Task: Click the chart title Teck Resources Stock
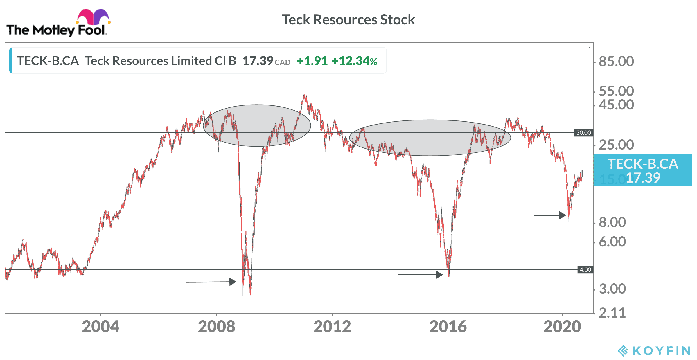pyautogui.click(x=348, y=20)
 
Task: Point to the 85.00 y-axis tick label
pyautogui.click(x=616, y=62)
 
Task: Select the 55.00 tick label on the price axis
pyautogui.click(x=616, y=91)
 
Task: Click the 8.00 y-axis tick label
pyautogui.click(x=612, y=222)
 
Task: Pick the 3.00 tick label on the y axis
pyautogui.click(x=612, y=289)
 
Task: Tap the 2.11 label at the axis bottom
pyautogui.click(x=612, y=313)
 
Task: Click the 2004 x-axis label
pyautogui.click(x=100, y=327)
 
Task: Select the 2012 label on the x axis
pyautogui.click(x=332, y=327)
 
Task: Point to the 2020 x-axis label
pyautogui.click(x=562, y=327)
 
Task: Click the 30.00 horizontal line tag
pyautogui.click(x=583, y=133)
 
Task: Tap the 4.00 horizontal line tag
pyautogui.click(x=585, y=270)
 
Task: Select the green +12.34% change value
pyautogui.click(x=354, y=61)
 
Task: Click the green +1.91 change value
pyautogui.click(x=312, y=61)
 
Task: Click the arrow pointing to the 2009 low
pyautogui.click(x=211, y=282)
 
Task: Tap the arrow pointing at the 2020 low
pyautogui.click(x=550, y=215)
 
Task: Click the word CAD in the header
pyautogui.click(x=283, y=62)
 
